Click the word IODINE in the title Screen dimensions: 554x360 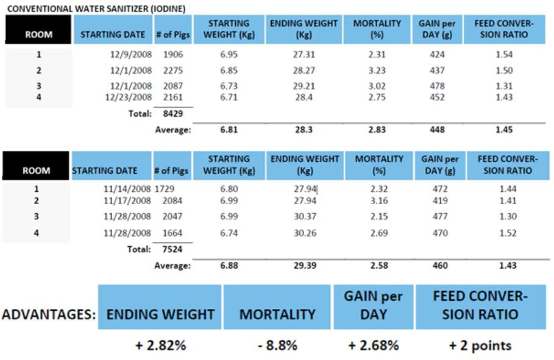click(168, 9)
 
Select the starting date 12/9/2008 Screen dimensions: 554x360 click(130, 54)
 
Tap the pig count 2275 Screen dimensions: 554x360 click(173, 70)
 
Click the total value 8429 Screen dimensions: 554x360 click(173, 114)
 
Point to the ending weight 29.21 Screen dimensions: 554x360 click(304, 86)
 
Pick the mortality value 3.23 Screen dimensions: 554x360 click(377, 70)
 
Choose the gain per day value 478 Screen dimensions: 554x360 click(437, 86)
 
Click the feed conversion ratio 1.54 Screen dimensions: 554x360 click(504, 54)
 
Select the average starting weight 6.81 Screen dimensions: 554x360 click(229, 130)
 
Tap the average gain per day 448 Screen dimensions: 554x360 click(437, 130)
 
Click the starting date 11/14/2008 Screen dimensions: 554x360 click(127, 189)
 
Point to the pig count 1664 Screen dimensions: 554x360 click(172, 233)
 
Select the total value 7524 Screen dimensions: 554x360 click(172, 249)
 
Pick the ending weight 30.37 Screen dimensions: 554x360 click(305, 216)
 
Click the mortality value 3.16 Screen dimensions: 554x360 click(379, 200)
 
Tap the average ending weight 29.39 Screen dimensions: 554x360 click(305, 266)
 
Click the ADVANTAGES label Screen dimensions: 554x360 click(49, 314)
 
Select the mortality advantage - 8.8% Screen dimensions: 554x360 click(278, 345)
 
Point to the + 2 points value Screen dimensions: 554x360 click(480, 345)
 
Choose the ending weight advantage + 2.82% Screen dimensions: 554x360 click(161, 345)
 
